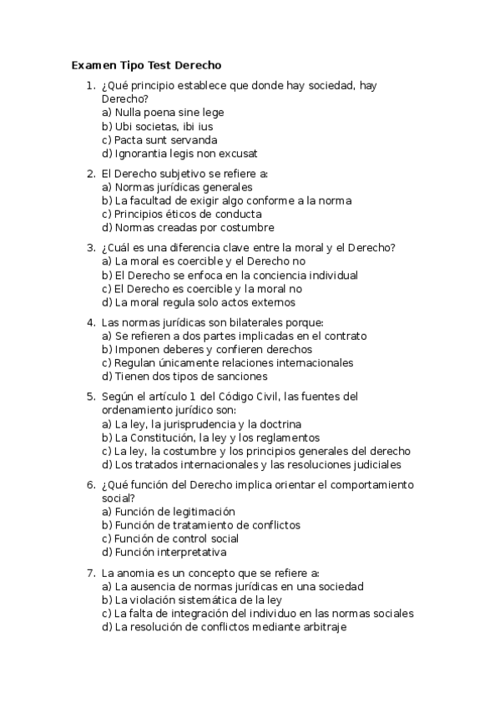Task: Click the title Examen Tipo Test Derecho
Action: [146, 64]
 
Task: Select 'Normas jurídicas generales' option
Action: [177, 187]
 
